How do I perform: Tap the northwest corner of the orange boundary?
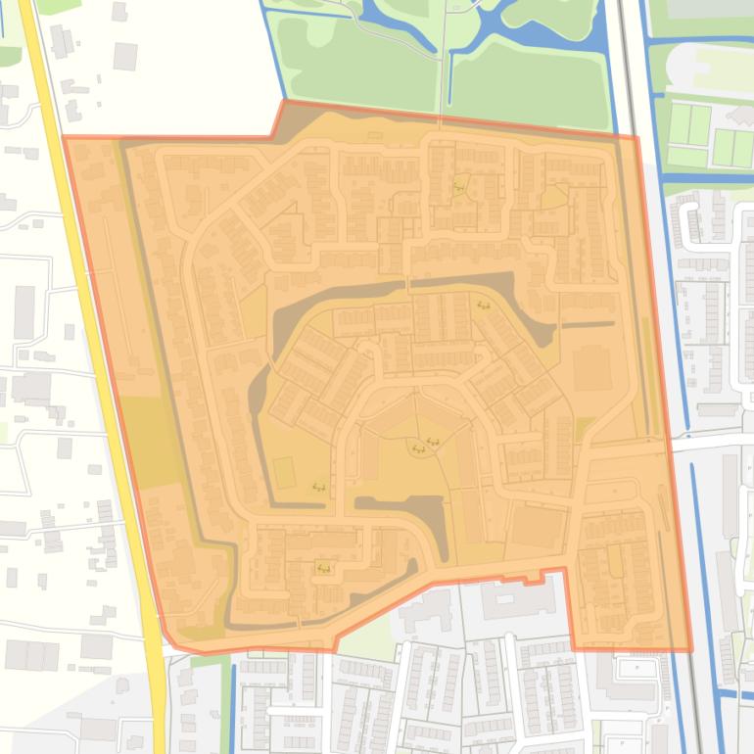pos(66,138)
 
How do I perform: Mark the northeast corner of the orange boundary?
pos(636,136)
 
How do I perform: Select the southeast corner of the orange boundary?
pos(689,648)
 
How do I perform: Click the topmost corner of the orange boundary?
pos(284,101)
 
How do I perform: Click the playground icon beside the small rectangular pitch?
pos(318,486)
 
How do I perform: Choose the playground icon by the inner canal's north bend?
pos(483,306)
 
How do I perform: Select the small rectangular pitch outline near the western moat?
pos(284,473)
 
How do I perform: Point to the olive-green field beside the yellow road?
pos(144,436)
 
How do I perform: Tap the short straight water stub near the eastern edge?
pos(589,324)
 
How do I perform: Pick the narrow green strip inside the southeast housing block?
pos(615,560)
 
